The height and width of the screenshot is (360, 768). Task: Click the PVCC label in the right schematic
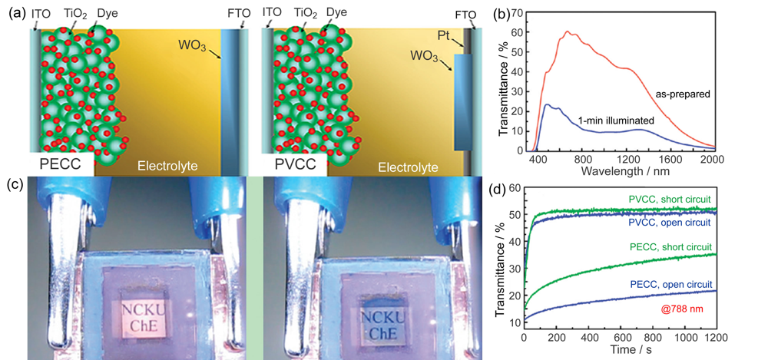[296, 163]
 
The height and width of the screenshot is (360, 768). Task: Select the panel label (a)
[15, 13]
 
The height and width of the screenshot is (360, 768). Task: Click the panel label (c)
[15, 185]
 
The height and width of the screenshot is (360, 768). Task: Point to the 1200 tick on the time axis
[716, 336]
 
